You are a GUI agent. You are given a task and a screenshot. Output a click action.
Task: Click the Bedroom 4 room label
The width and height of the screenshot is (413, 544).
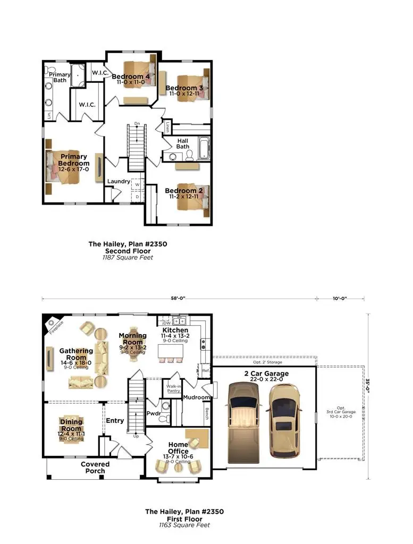[x=130, y=77]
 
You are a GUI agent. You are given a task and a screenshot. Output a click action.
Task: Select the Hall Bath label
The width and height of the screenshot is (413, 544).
[x=183, y=143]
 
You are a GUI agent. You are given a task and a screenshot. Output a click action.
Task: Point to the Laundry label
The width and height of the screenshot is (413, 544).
[x=119, y=182]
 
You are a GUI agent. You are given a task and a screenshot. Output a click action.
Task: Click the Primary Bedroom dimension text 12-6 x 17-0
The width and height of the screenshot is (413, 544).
[x=74, y=170]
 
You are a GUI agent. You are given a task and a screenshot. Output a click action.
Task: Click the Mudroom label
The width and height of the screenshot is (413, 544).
[x=196, y=397]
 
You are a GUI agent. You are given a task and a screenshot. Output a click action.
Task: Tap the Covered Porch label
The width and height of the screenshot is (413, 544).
[x=95, y=467]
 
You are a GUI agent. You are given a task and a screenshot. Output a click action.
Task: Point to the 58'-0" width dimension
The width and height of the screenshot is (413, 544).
[x=179, y=299]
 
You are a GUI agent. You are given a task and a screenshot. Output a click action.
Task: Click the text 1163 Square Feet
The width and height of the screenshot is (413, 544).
[x=184, y=525]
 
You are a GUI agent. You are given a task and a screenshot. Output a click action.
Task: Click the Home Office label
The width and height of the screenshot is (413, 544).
[x=178, y=448]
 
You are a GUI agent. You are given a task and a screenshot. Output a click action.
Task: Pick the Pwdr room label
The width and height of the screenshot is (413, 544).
[x=153, y=413]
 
